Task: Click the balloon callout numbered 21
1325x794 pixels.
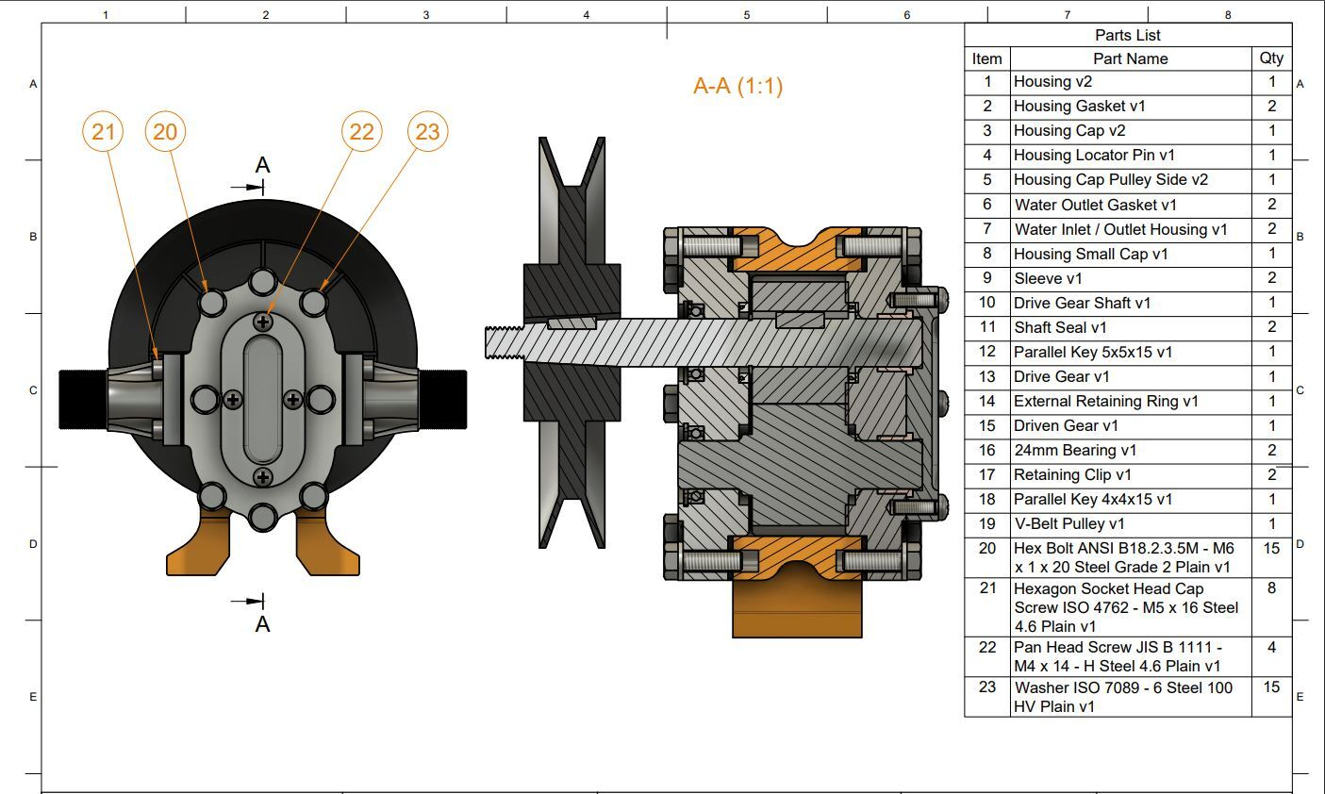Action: [103, 131]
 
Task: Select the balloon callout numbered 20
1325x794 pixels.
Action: [165, 131]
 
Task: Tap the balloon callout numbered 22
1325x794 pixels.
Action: [361, 131]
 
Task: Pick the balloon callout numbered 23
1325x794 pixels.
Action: [427, 131]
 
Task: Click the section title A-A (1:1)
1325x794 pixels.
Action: [737, 86]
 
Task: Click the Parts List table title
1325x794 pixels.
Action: [1127, 35]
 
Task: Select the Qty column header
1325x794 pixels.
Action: [1270, 58]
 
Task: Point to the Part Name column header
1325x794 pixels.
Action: [1130, 58]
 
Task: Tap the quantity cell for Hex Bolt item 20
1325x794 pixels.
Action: [1271, 549]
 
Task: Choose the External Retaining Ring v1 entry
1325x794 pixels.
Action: [1105, 401]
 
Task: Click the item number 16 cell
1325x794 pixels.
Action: [986, 450]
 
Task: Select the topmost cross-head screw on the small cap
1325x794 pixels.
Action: [263, 322]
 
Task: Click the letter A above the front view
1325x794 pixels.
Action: [262, 165]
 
